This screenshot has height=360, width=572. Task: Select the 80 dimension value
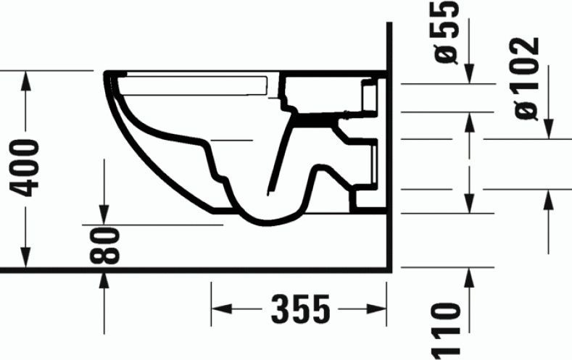(106, 246)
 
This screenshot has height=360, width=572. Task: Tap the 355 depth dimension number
(300, 310)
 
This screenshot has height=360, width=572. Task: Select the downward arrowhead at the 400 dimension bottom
(27, 259)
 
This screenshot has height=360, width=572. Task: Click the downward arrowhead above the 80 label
(105, 215)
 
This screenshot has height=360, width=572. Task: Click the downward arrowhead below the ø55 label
(470, 75)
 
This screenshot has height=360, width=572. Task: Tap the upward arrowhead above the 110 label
(470, 276)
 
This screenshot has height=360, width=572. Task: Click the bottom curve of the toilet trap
(268, 218)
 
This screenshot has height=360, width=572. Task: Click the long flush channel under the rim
(196, 86)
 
